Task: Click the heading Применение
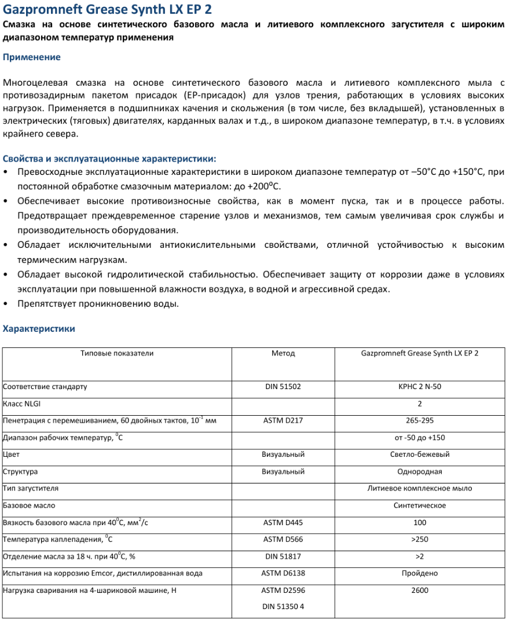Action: (x=32, y=57)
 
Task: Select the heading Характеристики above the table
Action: (x=39, y=329)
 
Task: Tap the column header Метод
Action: (x=283, y=353)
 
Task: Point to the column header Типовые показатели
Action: (x=117, y=353)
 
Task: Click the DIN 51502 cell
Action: (x=283, y=387)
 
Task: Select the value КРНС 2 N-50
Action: (x=419, y=387)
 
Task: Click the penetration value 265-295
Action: (x=419, y=420)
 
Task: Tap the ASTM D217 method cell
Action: (x=283, y=420)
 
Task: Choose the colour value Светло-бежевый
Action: (x=419, y=455)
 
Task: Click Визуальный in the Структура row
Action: (x=283, y=471)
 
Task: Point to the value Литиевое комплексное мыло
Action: (x=419, y=488)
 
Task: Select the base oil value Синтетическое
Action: (x=419, y=505)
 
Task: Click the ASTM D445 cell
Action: (x=283, y=522)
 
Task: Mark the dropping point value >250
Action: (x=419, y=540)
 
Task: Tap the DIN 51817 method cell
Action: (x=283, y=556)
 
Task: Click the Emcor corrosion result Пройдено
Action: (x=419, y=573)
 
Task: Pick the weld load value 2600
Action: (x=419, y=591)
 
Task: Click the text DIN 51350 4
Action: (x=283, y=607)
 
